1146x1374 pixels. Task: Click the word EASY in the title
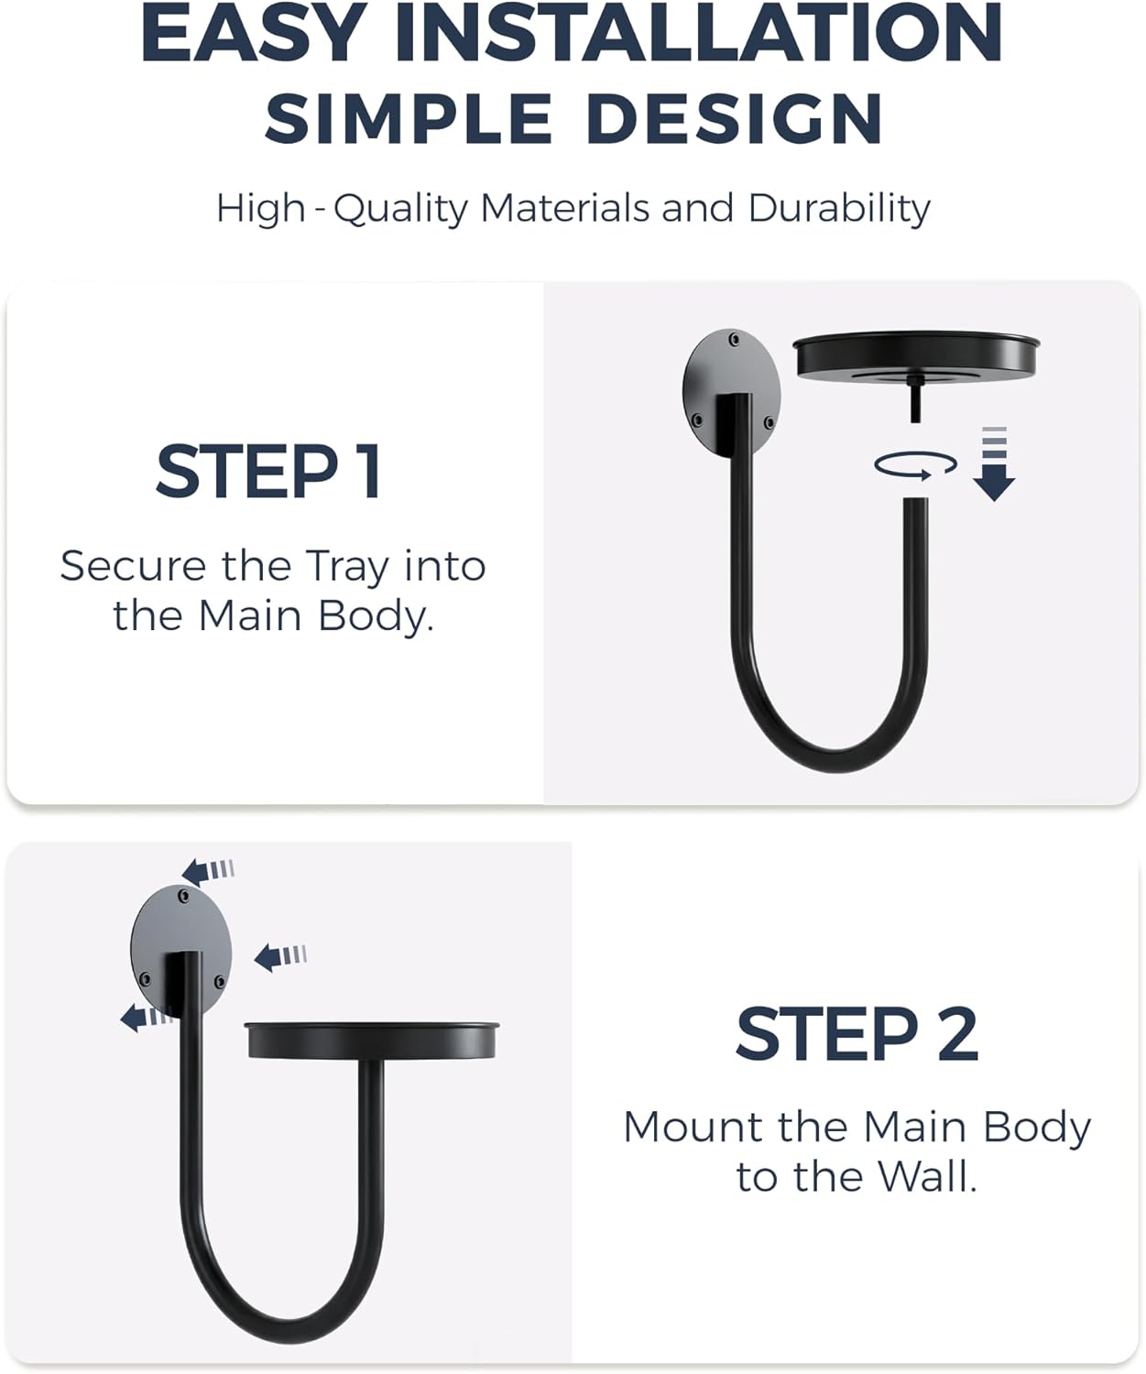tap(254, 33)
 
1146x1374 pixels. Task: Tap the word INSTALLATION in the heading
tap(698, 33)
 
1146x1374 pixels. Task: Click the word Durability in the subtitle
tap(839, 209)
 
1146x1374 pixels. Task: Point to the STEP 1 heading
tap(268, 471)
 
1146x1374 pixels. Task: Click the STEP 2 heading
tap(857, 1034)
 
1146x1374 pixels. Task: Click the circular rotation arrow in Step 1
tap(915, 464)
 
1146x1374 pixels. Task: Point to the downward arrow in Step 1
tap(994, 463)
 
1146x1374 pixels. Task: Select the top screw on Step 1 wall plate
tap(735, 340)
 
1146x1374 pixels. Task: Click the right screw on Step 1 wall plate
tap(769, 422)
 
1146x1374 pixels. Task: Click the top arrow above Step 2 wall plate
tap(207, 871)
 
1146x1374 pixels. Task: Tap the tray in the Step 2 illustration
tap(372, 1041)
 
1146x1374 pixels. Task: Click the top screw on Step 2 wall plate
tap(183, 896)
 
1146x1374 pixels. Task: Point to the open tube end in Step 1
tap(916, 501)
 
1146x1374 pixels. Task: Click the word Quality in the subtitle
tap(400, 209)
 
